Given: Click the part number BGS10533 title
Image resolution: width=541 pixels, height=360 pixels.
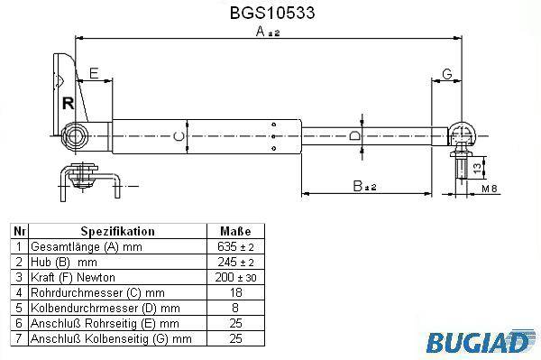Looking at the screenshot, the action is [x=272, y=13].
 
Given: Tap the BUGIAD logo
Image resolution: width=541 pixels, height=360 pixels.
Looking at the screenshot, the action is [x=477, y=342].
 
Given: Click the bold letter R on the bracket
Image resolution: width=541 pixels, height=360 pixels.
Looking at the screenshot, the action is [x=68, y=103].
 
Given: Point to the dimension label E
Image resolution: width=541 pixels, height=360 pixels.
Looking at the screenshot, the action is [x=94, y=73].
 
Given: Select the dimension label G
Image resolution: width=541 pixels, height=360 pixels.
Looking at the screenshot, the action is [x=447, y=74].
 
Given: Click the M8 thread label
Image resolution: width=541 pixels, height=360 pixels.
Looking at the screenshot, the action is [x=490, y=189].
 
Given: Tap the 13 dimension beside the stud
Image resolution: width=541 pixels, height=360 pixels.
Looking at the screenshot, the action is [x=477, y=168].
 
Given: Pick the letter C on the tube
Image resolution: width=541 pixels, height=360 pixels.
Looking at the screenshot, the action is [x=179, y=136].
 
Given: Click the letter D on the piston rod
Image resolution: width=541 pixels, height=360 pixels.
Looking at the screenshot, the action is [x=354, y=135].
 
